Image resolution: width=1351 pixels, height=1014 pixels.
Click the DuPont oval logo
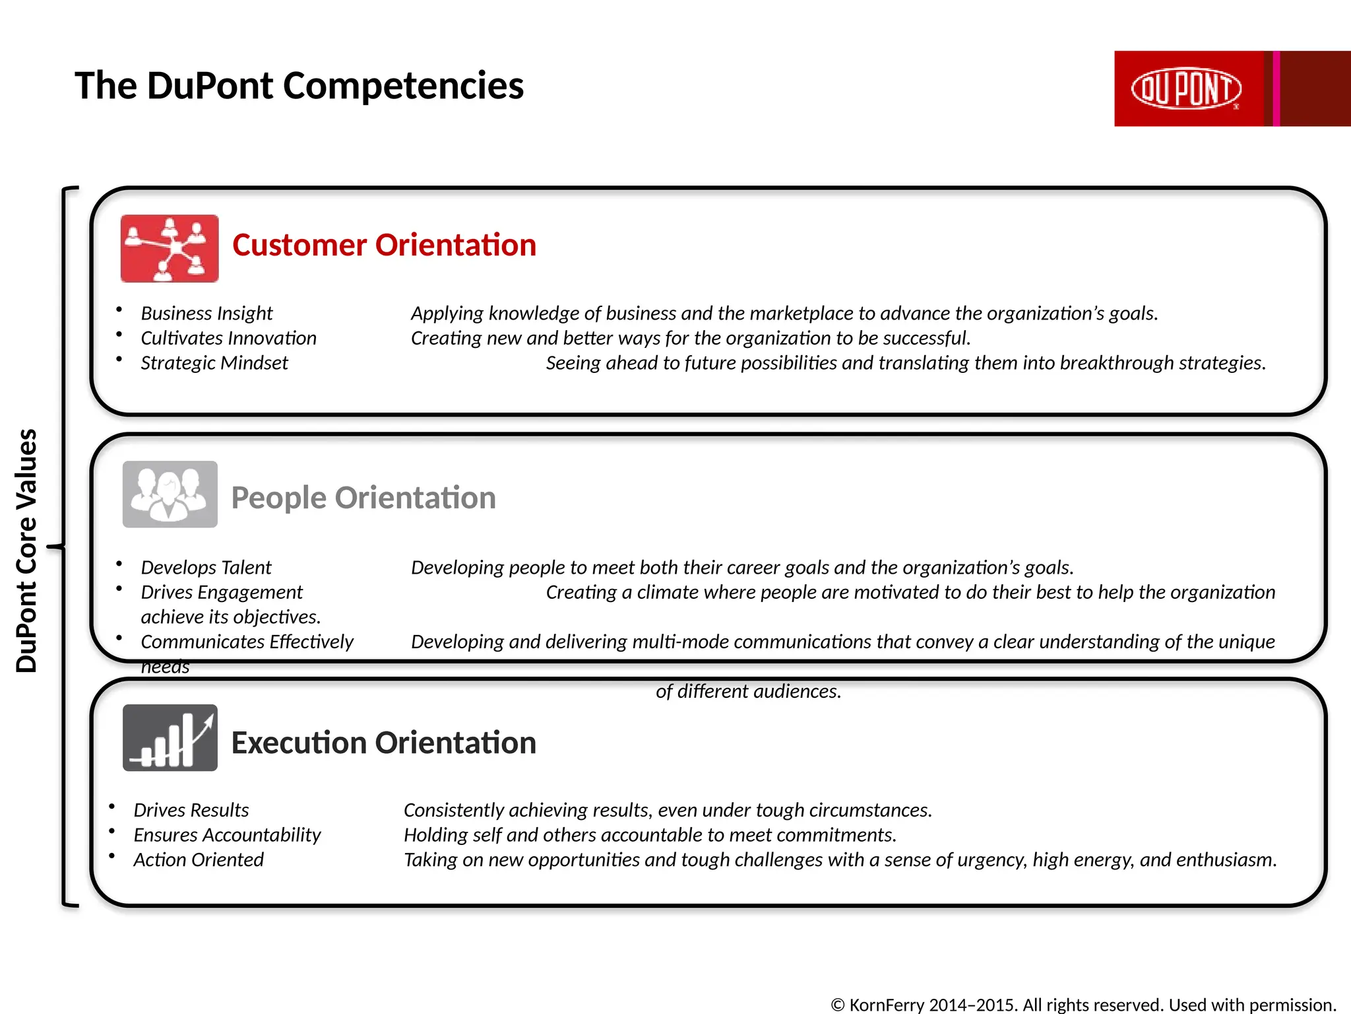tap(1186, 88)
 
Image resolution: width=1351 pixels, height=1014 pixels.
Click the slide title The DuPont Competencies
tap(299, 86)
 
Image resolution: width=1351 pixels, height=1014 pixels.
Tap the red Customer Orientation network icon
tap(170, 248)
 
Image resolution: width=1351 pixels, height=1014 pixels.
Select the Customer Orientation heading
tap(384, 245)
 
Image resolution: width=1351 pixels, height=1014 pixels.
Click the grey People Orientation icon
tap(170, 494)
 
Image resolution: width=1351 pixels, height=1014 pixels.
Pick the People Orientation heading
tap(363, 497)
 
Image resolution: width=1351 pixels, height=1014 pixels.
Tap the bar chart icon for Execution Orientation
tap(170, 737)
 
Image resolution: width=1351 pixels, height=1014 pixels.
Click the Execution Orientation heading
tap(383, 743)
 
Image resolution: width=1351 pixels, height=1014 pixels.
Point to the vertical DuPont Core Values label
tap(26, 550)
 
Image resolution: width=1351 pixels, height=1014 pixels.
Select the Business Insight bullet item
tap(206, 313)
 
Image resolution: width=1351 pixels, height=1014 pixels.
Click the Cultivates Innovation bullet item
tap(228, 338)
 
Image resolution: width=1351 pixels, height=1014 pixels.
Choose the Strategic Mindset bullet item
tap(214, 362)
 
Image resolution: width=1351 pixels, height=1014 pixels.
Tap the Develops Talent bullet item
tap(206, 567)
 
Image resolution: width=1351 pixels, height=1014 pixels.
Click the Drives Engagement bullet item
tap(222, 592)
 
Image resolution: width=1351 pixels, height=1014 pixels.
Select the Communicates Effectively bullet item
tap(247, 642)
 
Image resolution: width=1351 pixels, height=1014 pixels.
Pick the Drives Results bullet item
tap(191, 810)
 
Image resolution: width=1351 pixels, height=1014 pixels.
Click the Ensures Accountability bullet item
tap(227, 835)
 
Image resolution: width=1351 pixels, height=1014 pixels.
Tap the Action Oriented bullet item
tap(199, 860)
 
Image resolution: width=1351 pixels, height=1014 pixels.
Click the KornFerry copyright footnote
tap(1083, 1004)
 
